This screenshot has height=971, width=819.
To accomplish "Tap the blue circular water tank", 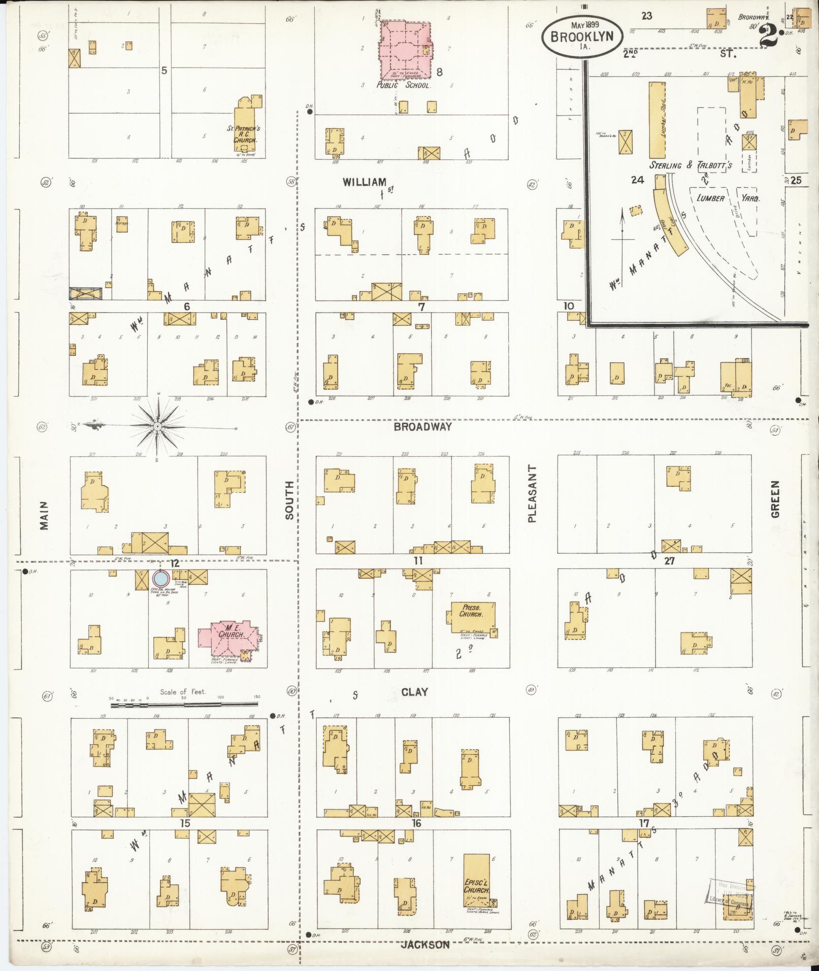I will [x=160, y=579].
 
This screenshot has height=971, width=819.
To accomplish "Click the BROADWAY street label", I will [x=422, y=427].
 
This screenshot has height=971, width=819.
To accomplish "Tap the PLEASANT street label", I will [x=531, y=493].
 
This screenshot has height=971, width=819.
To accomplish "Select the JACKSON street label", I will [x=425, y=945].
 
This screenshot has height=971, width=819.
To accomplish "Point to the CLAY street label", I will [x=414, y=692].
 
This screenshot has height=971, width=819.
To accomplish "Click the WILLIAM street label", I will [x=364, y=182].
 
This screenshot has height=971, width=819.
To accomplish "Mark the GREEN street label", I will [x=775, y=499].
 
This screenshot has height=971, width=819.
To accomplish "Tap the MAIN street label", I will [x=44, y=516].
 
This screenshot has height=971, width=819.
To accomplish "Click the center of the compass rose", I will [x=158, y=426].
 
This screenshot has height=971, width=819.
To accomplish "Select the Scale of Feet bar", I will [x=184, y=705].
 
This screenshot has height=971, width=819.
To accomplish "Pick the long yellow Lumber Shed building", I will [x=657, y=120].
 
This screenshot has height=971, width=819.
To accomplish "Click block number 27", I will [x=669, y=561].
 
